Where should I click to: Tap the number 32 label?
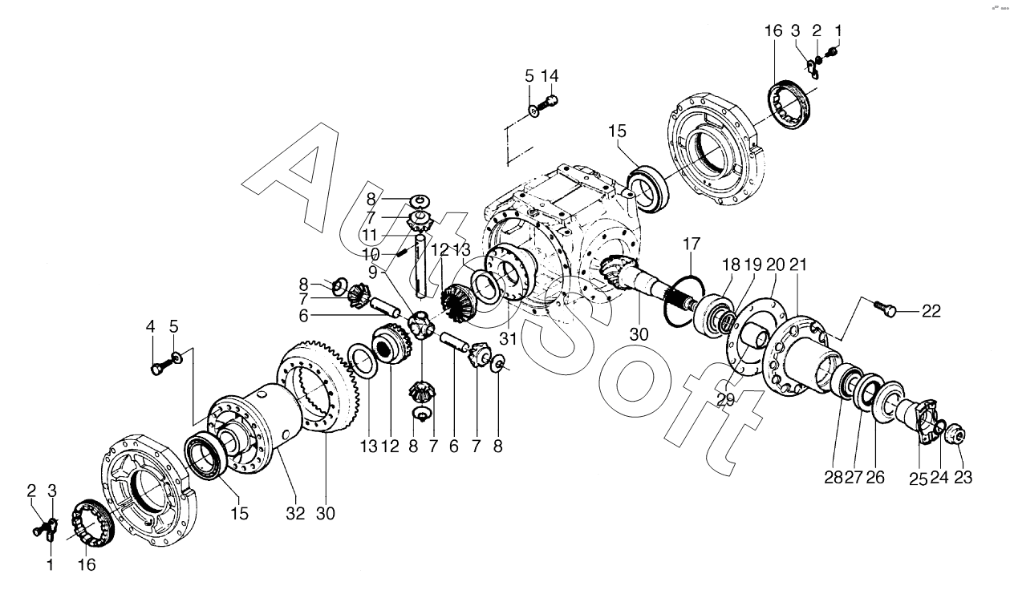tap(296, 514)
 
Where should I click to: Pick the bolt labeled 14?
tap(550, 102)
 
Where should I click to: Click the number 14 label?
tap(550, 76)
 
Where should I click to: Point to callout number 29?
tap(724, 398)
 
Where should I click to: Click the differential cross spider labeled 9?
tap(421, 325)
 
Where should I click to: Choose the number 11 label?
tap(370, 234)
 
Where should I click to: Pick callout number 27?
tap(854, 478)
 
